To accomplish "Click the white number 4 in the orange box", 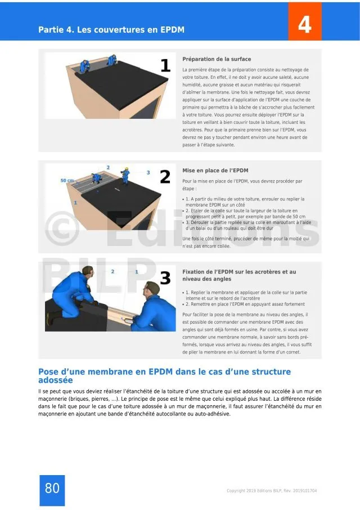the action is (304, 24).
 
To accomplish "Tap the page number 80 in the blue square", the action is (52, 488).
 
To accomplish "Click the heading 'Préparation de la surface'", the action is (217, 59).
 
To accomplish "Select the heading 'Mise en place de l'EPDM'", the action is (215, 171).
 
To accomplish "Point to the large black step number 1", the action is (166, 65).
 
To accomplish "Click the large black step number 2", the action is (165, 177).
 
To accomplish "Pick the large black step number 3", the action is (165, 278).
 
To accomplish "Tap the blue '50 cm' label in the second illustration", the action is (67, 180).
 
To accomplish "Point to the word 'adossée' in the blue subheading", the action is (56, 380).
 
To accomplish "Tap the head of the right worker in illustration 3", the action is (152, 289).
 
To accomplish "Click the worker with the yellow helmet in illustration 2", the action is (125, 176).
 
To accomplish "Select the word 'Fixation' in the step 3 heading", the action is (194, 272).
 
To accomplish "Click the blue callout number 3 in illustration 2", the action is (148, 172).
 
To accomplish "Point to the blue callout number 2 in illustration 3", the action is (112, 271).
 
